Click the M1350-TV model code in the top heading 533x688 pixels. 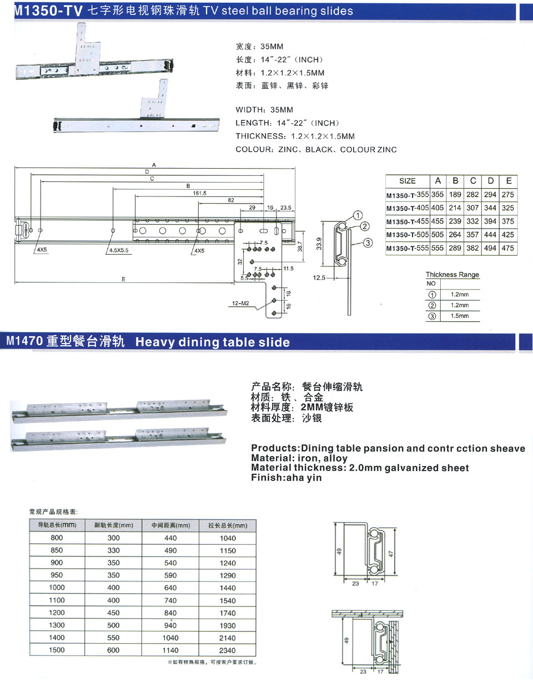coord(48,11)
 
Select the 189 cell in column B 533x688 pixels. coord(455,194)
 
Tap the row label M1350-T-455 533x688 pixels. coord(408,221)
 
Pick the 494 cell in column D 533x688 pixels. coord(490,248)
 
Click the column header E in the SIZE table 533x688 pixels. coord(509,181)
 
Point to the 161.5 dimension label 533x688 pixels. coord(199,193)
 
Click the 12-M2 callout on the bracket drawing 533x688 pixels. coord(240,303)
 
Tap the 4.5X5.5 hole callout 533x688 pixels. coord(119,250)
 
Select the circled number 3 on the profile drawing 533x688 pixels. coord(368,243)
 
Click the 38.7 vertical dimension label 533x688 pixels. coord(300,246)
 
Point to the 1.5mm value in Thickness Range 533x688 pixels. coord(460,316)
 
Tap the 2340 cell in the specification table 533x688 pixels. coord(228,650)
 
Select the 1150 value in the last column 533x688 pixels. coord(228,550)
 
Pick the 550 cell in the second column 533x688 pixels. coord(113,638)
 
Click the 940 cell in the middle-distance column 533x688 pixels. coord(170,625)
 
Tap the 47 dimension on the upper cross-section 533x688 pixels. coord(391,554)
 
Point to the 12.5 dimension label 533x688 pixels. coord(319,277)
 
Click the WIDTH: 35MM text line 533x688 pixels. coord(264,110)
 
